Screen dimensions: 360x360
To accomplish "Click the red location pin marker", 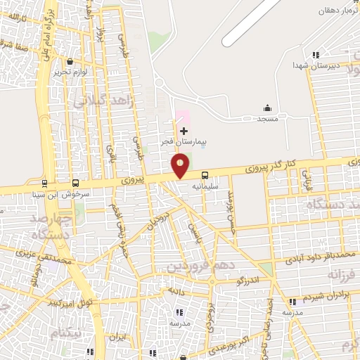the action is click(181, 166).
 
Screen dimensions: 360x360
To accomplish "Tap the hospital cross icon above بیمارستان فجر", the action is click(184, 131).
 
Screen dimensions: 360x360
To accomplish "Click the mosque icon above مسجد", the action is click(267, 108).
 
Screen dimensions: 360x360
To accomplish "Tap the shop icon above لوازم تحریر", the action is click(69, 61).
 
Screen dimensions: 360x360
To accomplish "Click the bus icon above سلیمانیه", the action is click(205, 175).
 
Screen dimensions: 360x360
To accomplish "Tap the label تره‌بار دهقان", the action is click(336, 11).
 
